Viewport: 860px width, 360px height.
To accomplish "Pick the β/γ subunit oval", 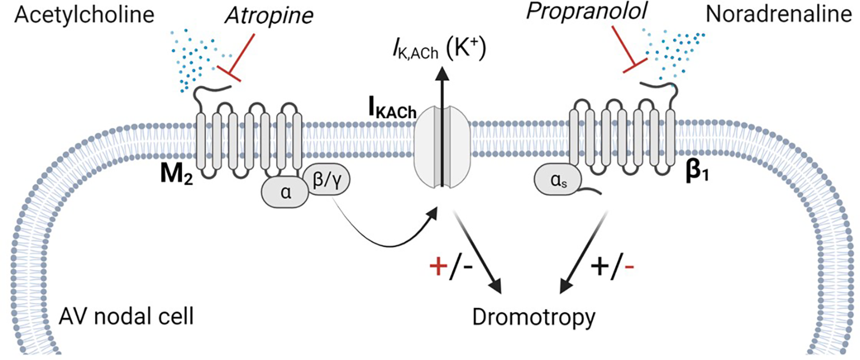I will [x=328, y=185].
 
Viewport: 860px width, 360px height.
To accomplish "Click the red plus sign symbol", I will [x=440, y=267].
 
